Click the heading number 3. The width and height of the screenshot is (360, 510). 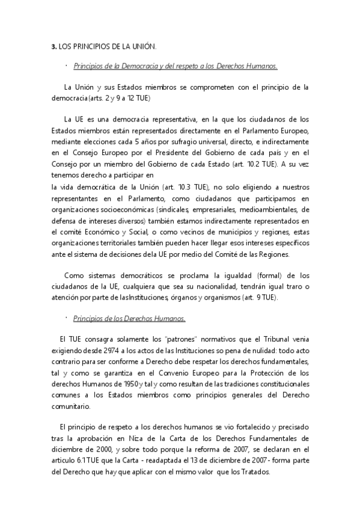pos(53,46)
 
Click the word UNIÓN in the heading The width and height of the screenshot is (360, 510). pos(143,46)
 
